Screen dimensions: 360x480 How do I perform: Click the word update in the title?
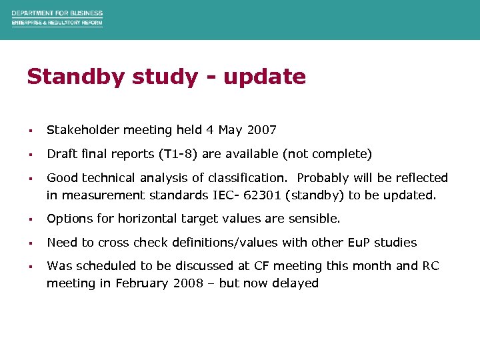pyautogui.click(x=265, y=77)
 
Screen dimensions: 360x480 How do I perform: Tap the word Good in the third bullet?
pyautogui.click(x=62, y=178)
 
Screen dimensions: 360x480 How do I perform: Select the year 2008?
pyautogui.click(x=190, y=283)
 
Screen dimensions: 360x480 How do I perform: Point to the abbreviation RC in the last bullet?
pyautogui.click(x=431, y=266)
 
